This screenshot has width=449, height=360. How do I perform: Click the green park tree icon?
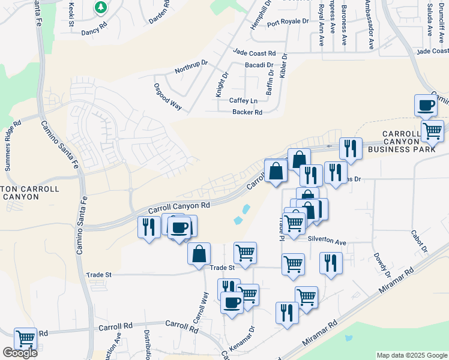click(101, 8)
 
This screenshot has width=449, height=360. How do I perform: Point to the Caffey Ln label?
click(243, 100)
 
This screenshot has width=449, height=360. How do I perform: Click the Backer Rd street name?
click(247, 112)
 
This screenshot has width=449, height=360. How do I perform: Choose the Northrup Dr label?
click(191, 67)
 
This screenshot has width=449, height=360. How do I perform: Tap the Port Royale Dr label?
click(288, 22)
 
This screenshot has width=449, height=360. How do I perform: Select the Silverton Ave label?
click(327, 242)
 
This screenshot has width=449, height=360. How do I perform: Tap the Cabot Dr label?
click(418, 241)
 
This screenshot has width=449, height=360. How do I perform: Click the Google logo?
click(20, 353)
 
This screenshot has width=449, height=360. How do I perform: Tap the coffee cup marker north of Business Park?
click(426, 106)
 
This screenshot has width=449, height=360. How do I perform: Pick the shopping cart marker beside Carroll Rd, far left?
click(25, 339)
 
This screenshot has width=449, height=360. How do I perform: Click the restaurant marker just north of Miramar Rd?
click(287, 313)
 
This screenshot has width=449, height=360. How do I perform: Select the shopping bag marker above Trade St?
click(199, 254)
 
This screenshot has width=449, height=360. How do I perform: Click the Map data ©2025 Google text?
click(411, 355)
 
